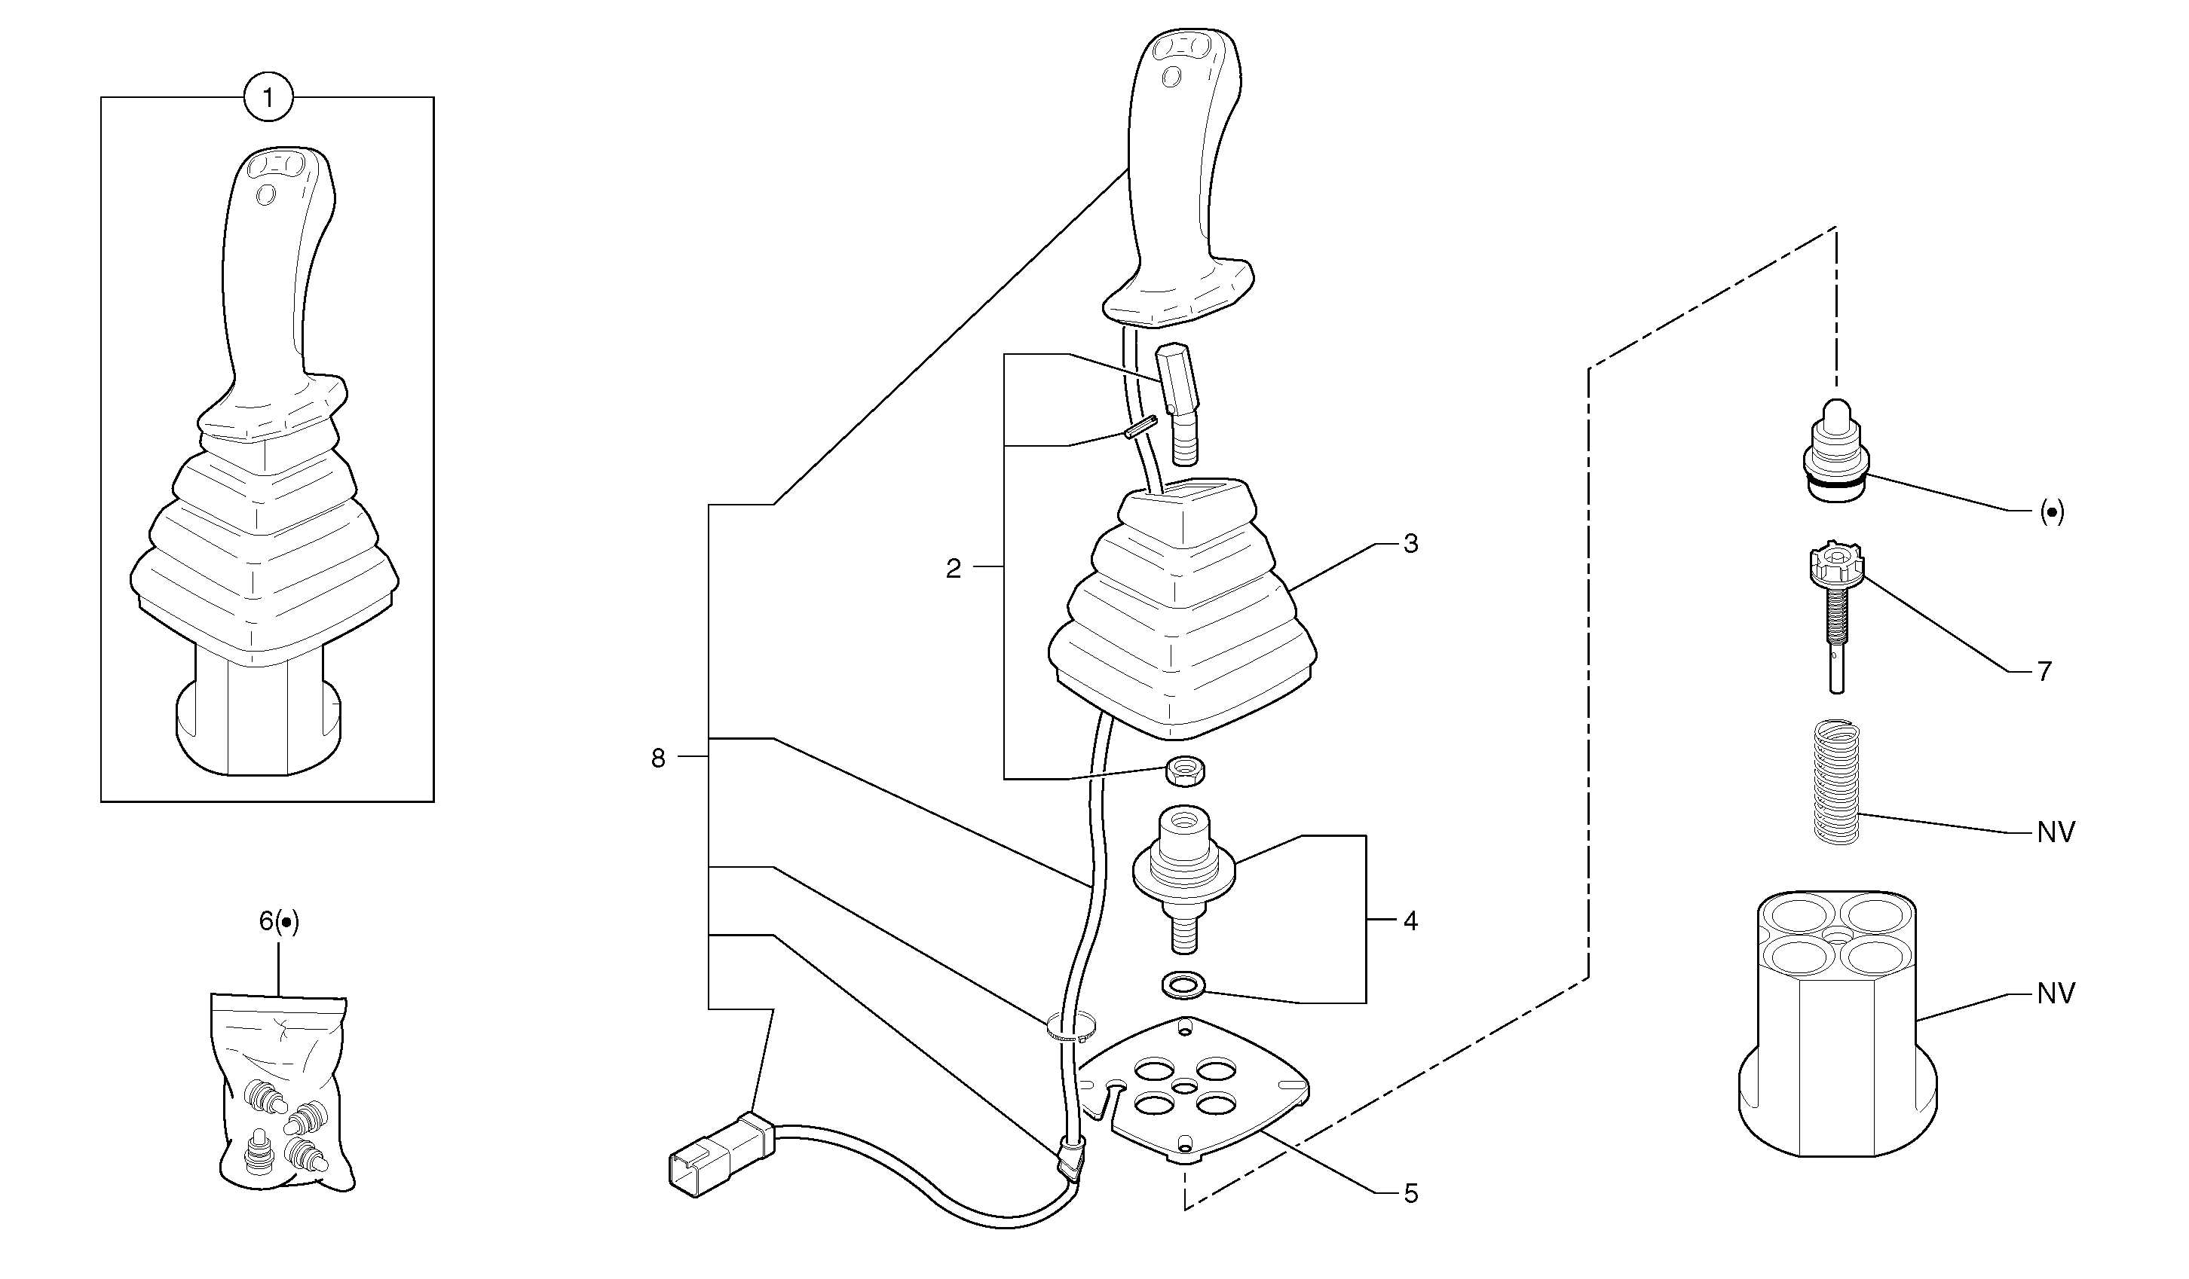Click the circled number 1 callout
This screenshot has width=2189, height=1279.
tap(268, 97)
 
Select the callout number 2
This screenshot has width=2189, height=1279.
tap(954, 569)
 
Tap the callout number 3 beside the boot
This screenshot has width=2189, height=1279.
tap(1410, 544)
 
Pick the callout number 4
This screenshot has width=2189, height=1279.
tap(1410, 920)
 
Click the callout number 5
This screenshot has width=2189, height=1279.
tap(1410, 1194)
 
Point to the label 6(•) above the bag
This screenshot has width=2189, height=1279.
tap(279, 921)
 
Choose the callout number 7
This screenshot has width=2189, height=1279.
tap(2045, 671)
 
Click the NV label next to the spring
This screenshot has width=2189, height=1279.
tap(2056, 832)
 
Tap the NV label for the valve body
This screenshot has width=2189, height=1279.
tap(2056, 994)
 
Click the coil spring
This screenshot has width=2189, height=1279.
tap(1838, 781)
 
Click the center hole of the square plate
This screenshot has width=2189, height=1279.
tap(1184, 1087)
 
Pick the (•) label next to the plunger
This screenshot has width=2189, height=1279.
tap(2052, 512)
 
